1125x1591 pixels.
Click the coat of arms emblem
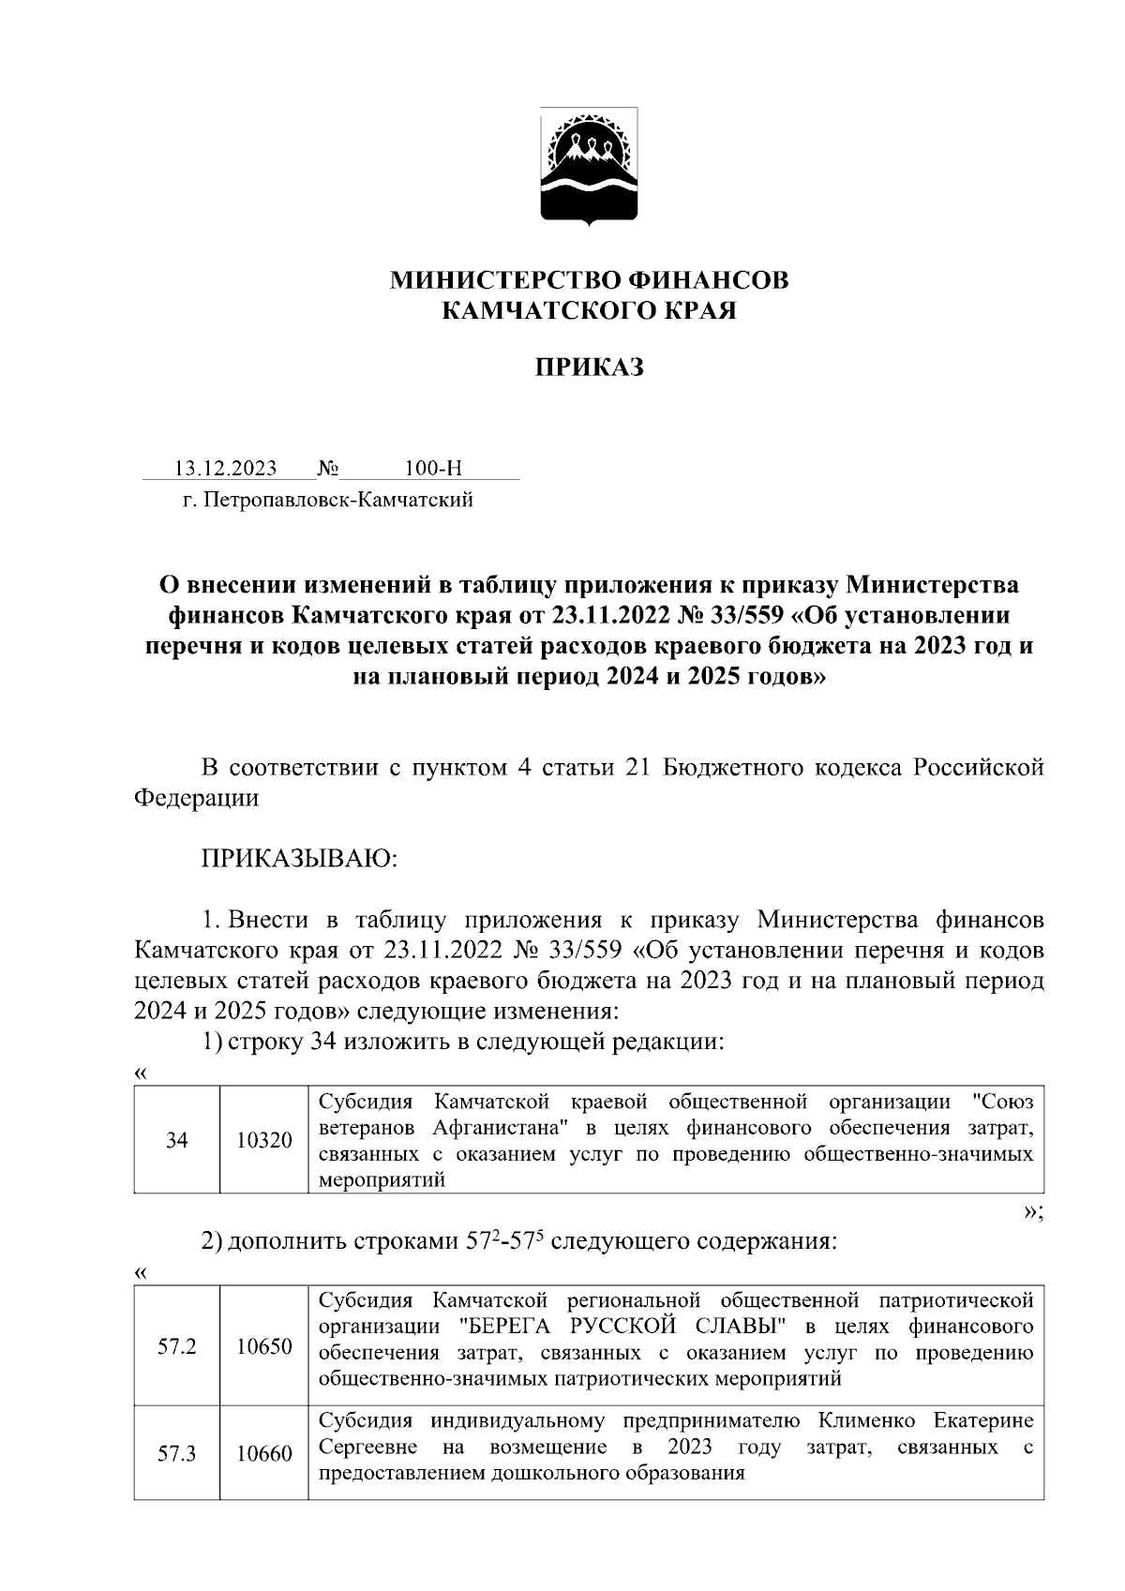click(589, 166)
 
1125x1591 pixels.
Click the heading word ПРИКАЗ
click(589, 368)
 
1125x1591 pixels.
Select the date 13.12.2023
click(226, 469)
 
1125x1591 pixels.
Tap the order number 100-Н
click(434, 469)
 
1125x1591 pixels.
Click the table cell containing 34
click(177, 1140)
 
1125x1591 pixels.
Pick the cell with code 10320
click(264, 1140)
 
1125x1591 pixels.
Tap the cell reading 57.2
click(177, 1346)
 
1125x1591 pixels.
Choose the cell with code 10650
click(264, 1346)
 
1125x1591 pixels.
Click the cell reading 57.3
click(177, 1453)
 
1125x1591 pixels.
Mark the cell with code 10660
click(264, 1453)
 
